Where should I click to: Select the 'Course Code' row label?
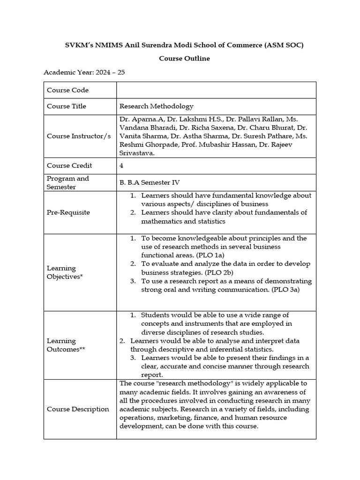click(x=67, y=90)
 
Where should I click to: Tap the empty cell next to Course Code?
click(x=216, y=90)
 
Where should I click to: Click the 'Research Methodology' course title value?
click(x=156, y=106)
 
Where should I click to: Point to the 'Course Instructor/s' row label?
click(x=79, y=136)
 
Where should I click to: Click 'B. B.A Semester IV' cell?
click(x=150, y=183)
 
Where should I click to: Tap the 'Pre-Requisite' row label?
click(x=68, y=212)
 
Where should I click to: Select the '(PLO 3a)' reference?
click(x=283, y=290)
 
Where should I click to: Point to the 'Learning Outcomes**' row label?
click(x=66, y=345)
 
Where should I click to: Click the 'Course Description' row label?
click(x=78, y=409)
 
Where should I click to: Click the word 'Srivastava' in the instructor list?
click(x=136, y=153)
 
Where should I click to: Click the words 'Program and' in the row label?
click(x=67, y=179)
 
